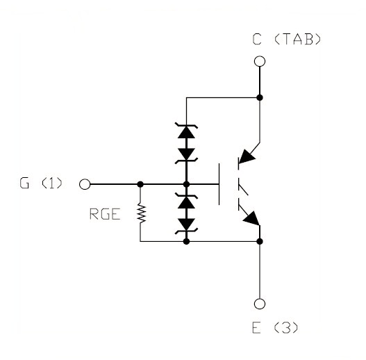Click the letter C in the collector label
pos(257,39)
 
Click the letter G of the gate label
pos(24,183)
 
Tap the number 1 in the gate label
pos(52,183)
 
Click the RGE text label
pos(105,214)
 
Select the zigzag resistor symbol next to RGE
pos(141,213)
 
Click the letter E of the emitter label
pos(256,327)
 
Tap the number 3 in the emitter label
pos(286,327)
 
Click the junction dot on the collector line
pos(260,97)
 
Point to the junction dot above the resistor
pos(140,184)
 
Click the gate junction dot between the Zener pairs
pos(186,184)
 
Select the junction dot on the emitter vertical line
pos(260,241)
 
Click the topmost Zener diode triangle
pos(186,133)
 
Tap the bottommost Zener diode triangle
pos(186,224)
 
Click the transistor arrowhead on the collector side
pos(247,156)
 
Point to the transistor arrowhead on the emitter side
pos(251,218)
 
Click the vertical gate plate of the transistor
pos(219,184)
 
